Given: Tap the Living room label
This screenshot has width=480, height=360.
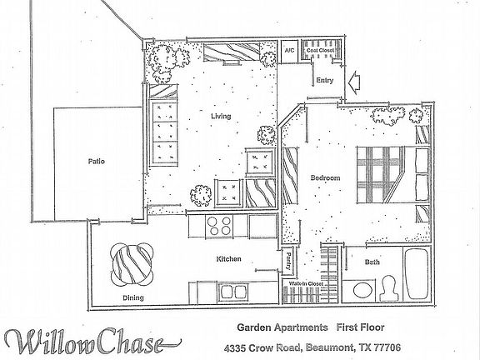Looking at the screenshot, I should tap(220, 116).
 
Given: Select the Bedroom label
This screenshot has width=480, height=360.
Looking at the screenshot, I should tap(325, 178).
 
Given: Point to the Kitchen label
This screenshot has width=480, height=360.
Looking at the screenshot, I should tap(228, 260).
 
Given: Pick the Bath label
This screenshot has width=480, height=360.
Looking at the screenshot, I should tap(372, 263).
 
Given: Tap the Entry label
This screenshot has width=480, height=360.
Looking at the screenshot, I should tap(325, 81).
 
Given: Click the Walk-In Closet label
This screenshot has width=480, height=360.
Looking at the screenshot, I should tap(306, 284).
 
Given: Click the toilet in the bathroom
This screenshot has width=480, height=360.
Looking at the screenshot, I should tap(387, 288).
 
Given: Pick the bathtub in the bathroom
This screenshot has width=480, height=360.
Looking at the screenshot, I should tap(416, 274).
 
